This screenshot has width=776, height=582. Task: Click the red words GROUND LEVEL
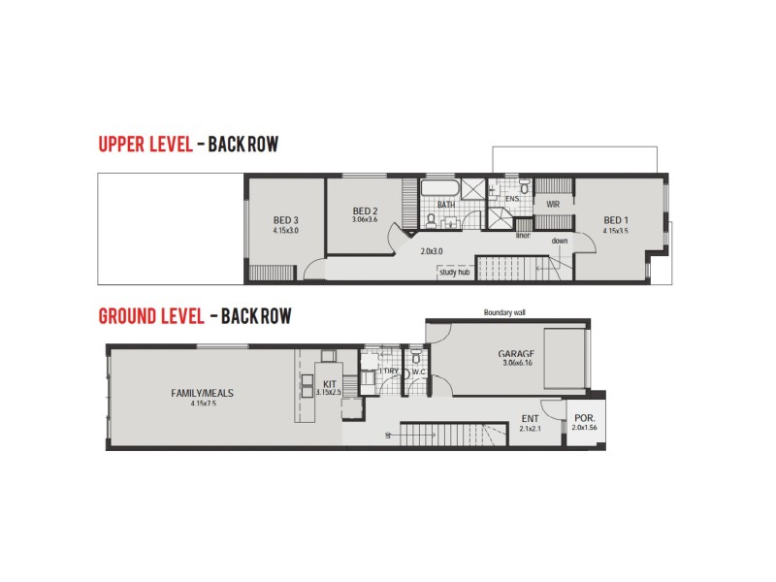pyautogui.click(x=150, y=316)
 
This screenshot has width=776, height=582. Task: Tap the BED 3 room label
pyautogui.click(x=285, y=220)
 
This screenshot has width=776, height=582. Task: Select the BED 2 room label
pyautogui.click(x=364, y=210)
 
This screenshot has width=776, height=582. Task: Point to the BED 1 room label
pyautogui.click(x=615, y=220)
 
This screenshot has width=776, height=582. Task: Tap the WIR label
pyautogui.click(x=553, y=205)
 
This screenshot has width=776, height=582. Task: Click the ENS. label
pyautogui.click(x=513, y=199)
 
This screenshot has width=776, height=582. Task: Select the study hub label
pyautogui.click(x=454, y=273)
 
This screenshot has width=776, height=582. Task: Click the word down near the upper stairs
pyautogui.click(x=560, y=241)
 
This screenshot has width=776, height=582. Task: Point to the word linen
pyautogui.click(x=523, y=235)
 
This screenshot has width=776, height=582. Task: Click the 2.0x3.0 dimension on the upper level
pyautogui.click(x=432, y=250)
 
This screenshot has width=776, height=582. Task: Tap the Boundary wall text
pyautogui.click(x=504, y=312)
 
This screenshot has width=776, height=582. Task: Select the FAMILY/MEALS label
pyautogui.click(x=202, y=393)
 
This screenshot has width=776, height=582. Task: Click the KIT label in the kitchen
pyautogui.click(x=328, y=384)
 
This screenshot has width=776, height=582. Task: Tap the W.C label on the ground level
pyautogui.click(x=419, y=371)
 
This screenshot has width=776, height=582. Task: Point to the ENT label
pyautogui.click(x=530, y=419)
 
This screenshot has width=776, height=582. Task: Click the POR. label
pyautogui.click(x=584, y=419)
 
